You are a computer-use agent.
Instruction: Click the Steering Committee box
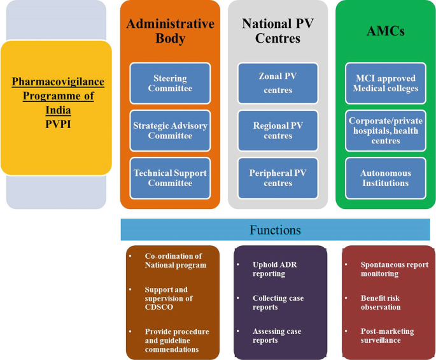click(x=170, y=83)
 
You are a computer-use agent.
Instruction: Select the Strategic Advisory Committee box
click(x=170, y=131)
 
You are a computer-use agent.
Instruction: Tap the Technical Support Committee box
click(x=170, y=178)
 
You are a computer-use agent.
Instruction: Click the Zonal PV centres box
click(x=278, y=83)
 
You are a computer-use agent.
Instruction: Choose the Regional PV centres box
click(x=278, y=131)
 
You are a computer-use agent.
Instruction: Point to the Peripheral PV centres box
click(x=278, y=178)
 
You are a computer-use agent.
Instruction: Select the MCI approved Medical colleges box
click(x=386, y=83)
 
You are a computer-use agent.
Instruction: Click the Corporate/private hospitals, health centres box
click(x=386, y=130)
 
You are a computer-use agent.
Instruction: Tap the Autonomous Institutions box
click(x=386, y=178)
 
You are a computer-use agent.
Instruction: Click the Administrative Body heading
click(x=170, y=31)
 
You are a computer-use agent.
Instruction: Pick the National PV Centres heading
click(x=278, y=31)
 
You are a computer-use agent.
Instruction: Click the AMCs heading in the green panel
click(x=386, y=30)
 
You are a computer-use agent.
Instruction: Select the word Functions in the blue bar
click(x=275, y=229)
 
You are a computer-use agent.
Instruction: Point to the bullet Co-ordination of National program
click(x=175, y=260)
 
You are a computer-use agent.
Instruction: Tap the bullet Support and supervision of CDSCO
click(x=168, y=298)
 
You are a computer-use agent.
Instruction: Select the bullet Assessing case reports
click(x=276, y=336)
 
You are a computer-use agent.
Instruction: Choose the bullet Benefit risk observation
click(x=380, y=302)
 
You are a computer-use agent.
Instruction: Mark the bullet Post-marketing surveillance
click(x=386, y=336)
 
